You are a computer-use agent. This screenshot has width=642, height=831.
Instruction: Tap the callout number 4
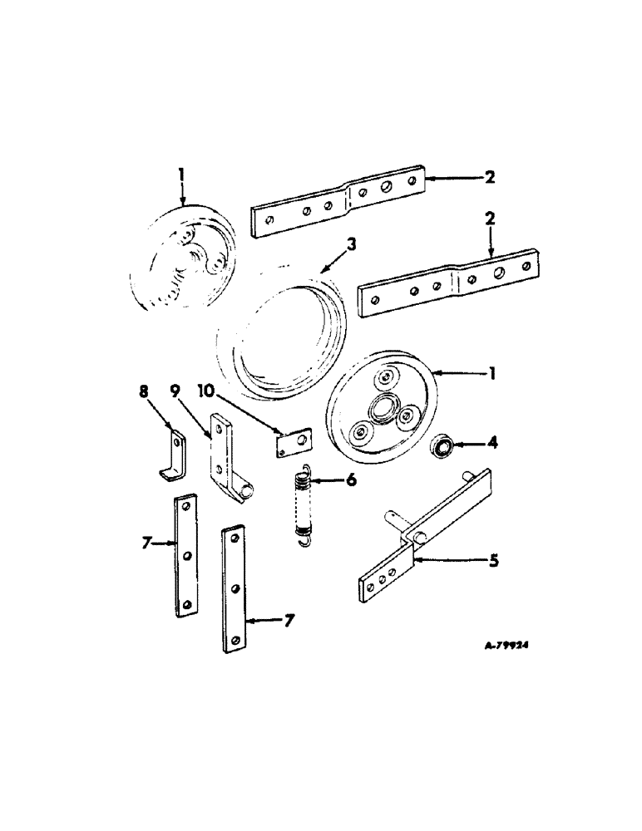coord(494,445)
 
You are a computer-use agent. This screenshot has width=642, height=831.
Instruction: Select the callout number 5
coord(493,561)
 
